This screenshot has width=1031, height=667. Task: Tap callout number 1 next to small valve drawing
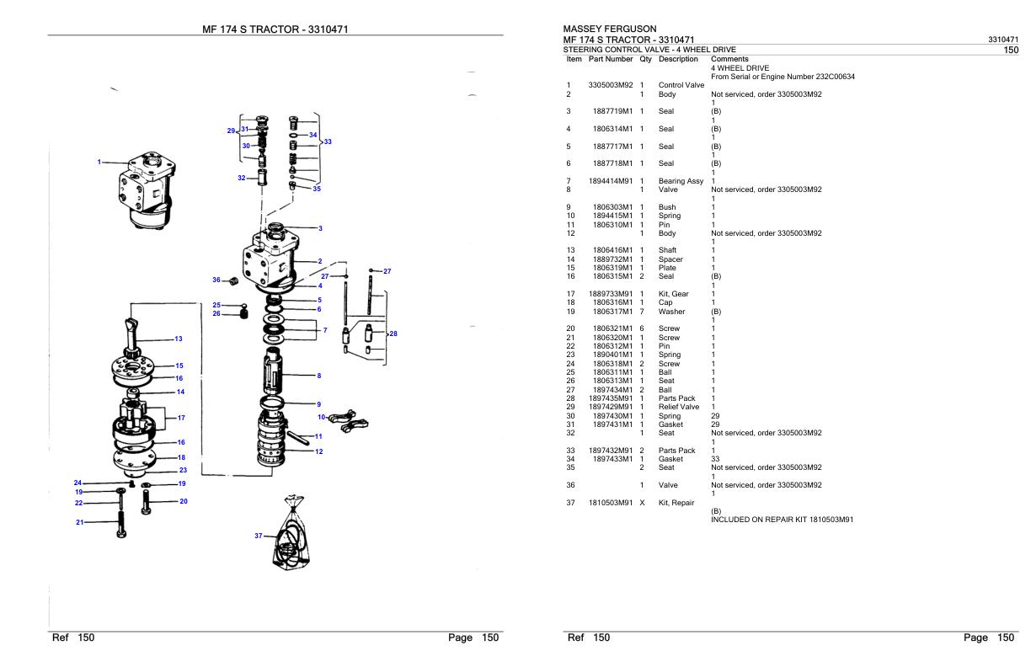pos(99,162)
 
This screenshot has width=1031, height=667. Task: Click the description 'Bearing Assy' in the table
pos(681,181)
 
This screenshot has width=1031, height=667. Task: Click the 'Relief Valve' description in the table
pos(680,407)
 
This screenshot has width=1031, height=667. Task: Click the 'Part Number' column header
pos(611,59)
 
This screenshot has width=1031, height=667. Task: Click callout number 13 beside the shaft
pos(178,339)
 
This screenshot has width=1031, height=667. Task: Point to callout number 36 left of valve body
pos(216,280)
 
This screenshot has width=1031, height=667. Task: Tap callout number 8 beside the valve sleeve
pos(318,375)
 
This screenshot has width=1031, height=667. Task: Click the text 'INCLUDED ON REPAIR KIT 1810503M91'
pos(783,519)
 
